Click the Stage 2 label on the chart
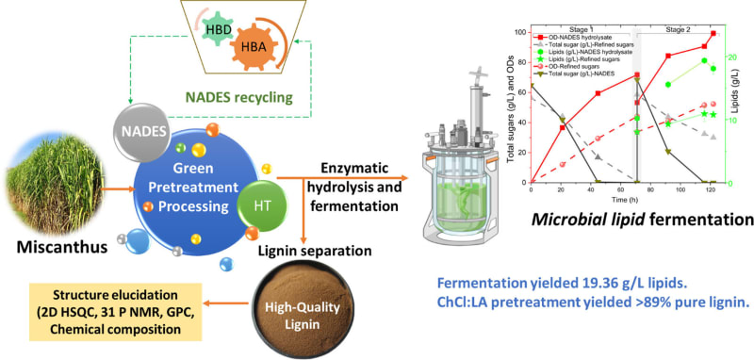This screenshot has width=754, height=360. click(x=681, y=28)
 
